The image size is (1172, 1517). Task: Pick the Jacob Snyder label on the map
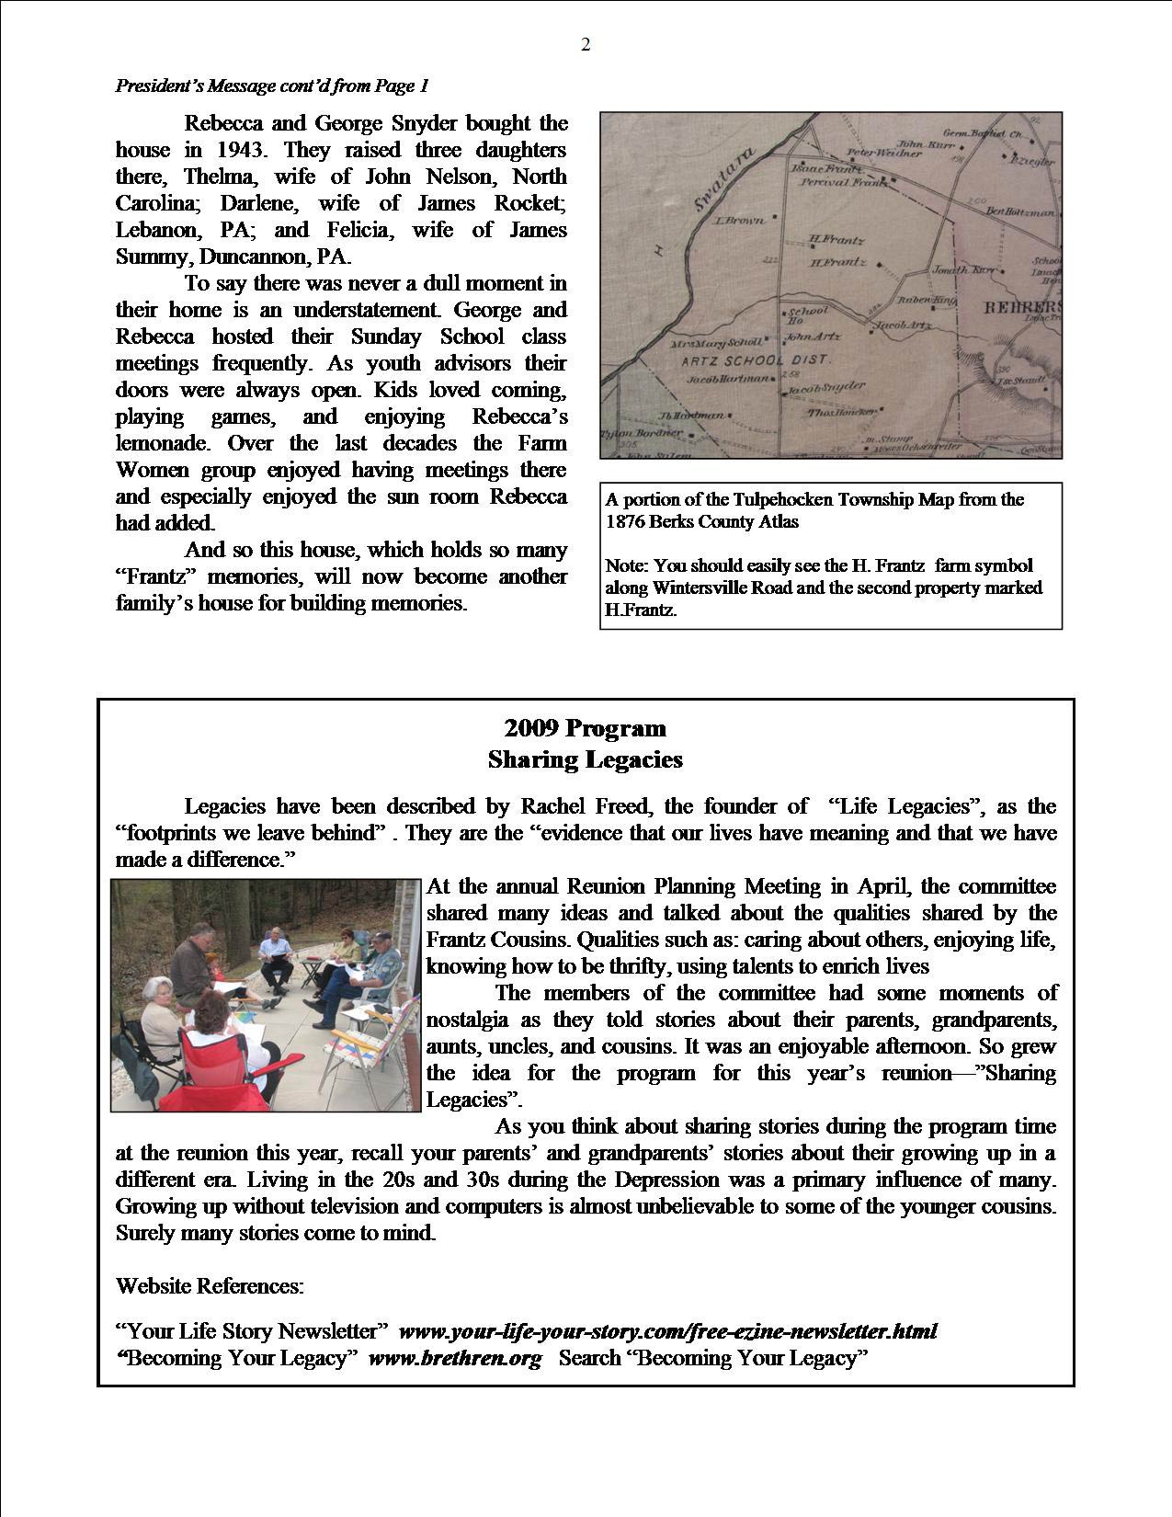click(826, 389)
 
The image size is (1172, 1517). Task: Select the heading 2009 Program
click(586, 729)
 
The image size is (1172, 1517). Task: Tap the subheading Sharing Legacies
click(586, 760)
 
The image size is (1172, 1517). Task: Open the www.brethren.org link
click(455, 1359)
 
